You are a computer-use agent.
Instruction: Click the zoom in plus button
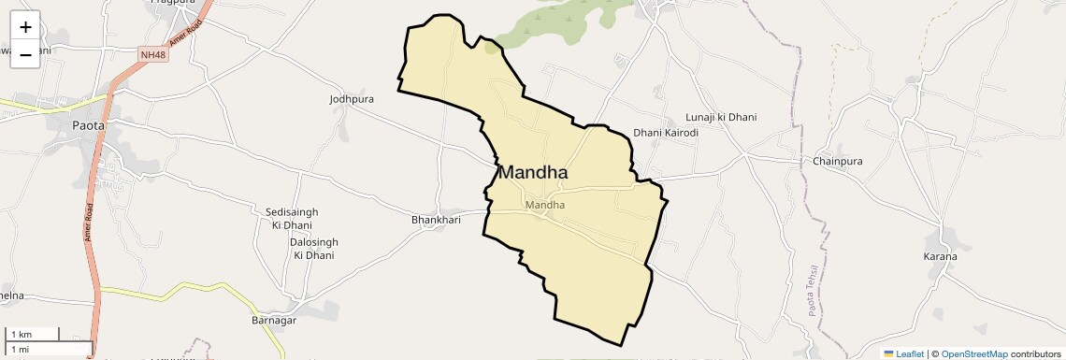tap(25, 28)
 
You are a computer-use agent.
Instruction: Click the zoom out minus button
tap(25, 55)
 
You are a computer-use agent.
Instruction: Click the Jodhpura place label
tap(352, 98)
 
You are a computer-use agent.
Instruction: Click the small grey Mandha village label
tap(545, 205)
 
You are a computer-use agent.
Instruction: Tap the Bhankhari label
tap(438, 220)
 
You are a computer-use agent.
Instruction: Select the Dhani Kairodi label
tap(666, 133)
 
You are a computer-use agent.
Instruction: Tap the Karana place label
tap(940, 256)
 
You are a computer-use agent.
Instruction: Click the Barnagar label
tap(274, 321)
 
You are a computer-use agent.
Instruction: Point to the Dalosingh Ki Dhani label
tap(313, 248)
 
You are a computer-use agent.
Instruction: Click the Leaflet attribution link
tap(903, 353)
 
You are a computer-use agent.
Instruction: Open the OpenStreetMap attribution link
tap(973, 353)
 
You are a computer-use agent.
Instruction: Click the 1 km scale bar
tap(33, 334)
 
